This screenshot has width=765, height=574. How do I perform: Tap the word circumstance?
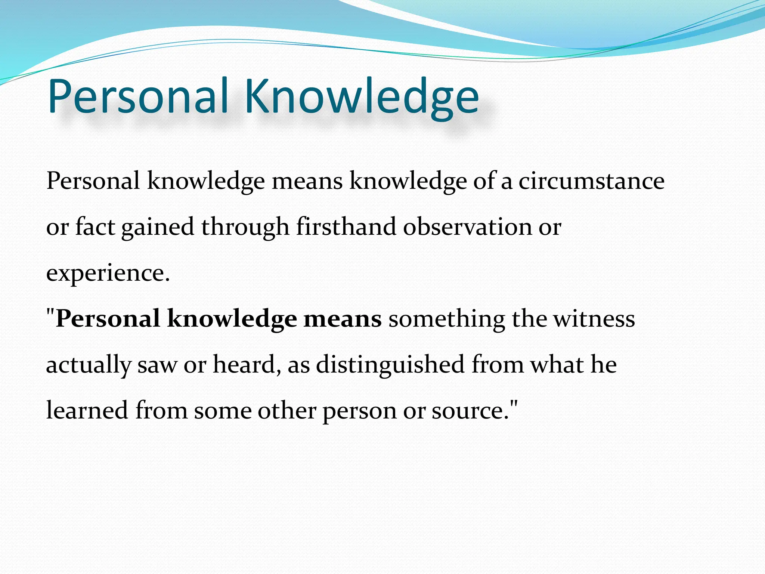pyautogui.click(x=591, y=181)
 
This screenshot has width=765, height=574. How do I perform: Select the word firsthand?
pyautogui.click(x=346, y=226)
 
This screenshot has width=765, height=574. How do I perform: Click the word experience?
pyautogui.click(x=108, y=274)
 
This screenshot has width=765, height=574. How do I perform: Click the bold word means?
pyautogui.click(x=342, y=319)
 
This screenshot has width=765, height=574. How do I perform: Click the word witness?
pyautogui.click(x=594, y=319)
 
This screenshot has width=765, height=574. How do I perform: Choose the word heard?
pyautogui.click(x=246, y=365)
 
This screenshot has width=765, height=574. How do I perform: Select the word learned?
pyautogui.click(x=87, y=410)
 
